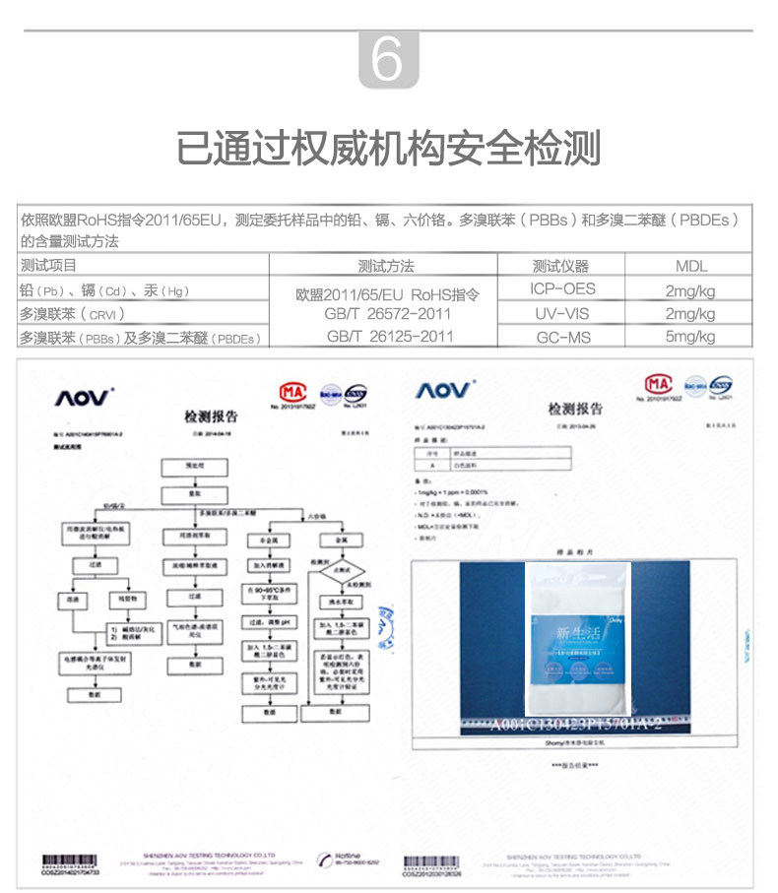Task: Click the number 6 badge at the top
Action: tap(388, 60)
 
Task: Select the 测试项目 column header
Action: tap(48, 266)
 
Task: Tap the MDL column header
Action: tap(690, 266)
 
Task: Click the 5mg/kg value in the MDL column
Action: tap(690, 337)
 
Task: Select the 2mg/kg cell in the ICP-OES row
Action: tap(690, 290)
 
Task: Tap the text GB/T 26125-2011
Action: tap(390, 336)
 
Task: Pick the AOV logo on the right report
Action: tap(442, 391)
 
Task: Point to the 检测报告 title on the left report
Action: tap(211, 416)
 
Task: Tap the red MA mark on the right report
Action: tap(658, 383)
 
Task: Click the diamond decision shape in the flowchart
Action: tap(342, 570)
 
